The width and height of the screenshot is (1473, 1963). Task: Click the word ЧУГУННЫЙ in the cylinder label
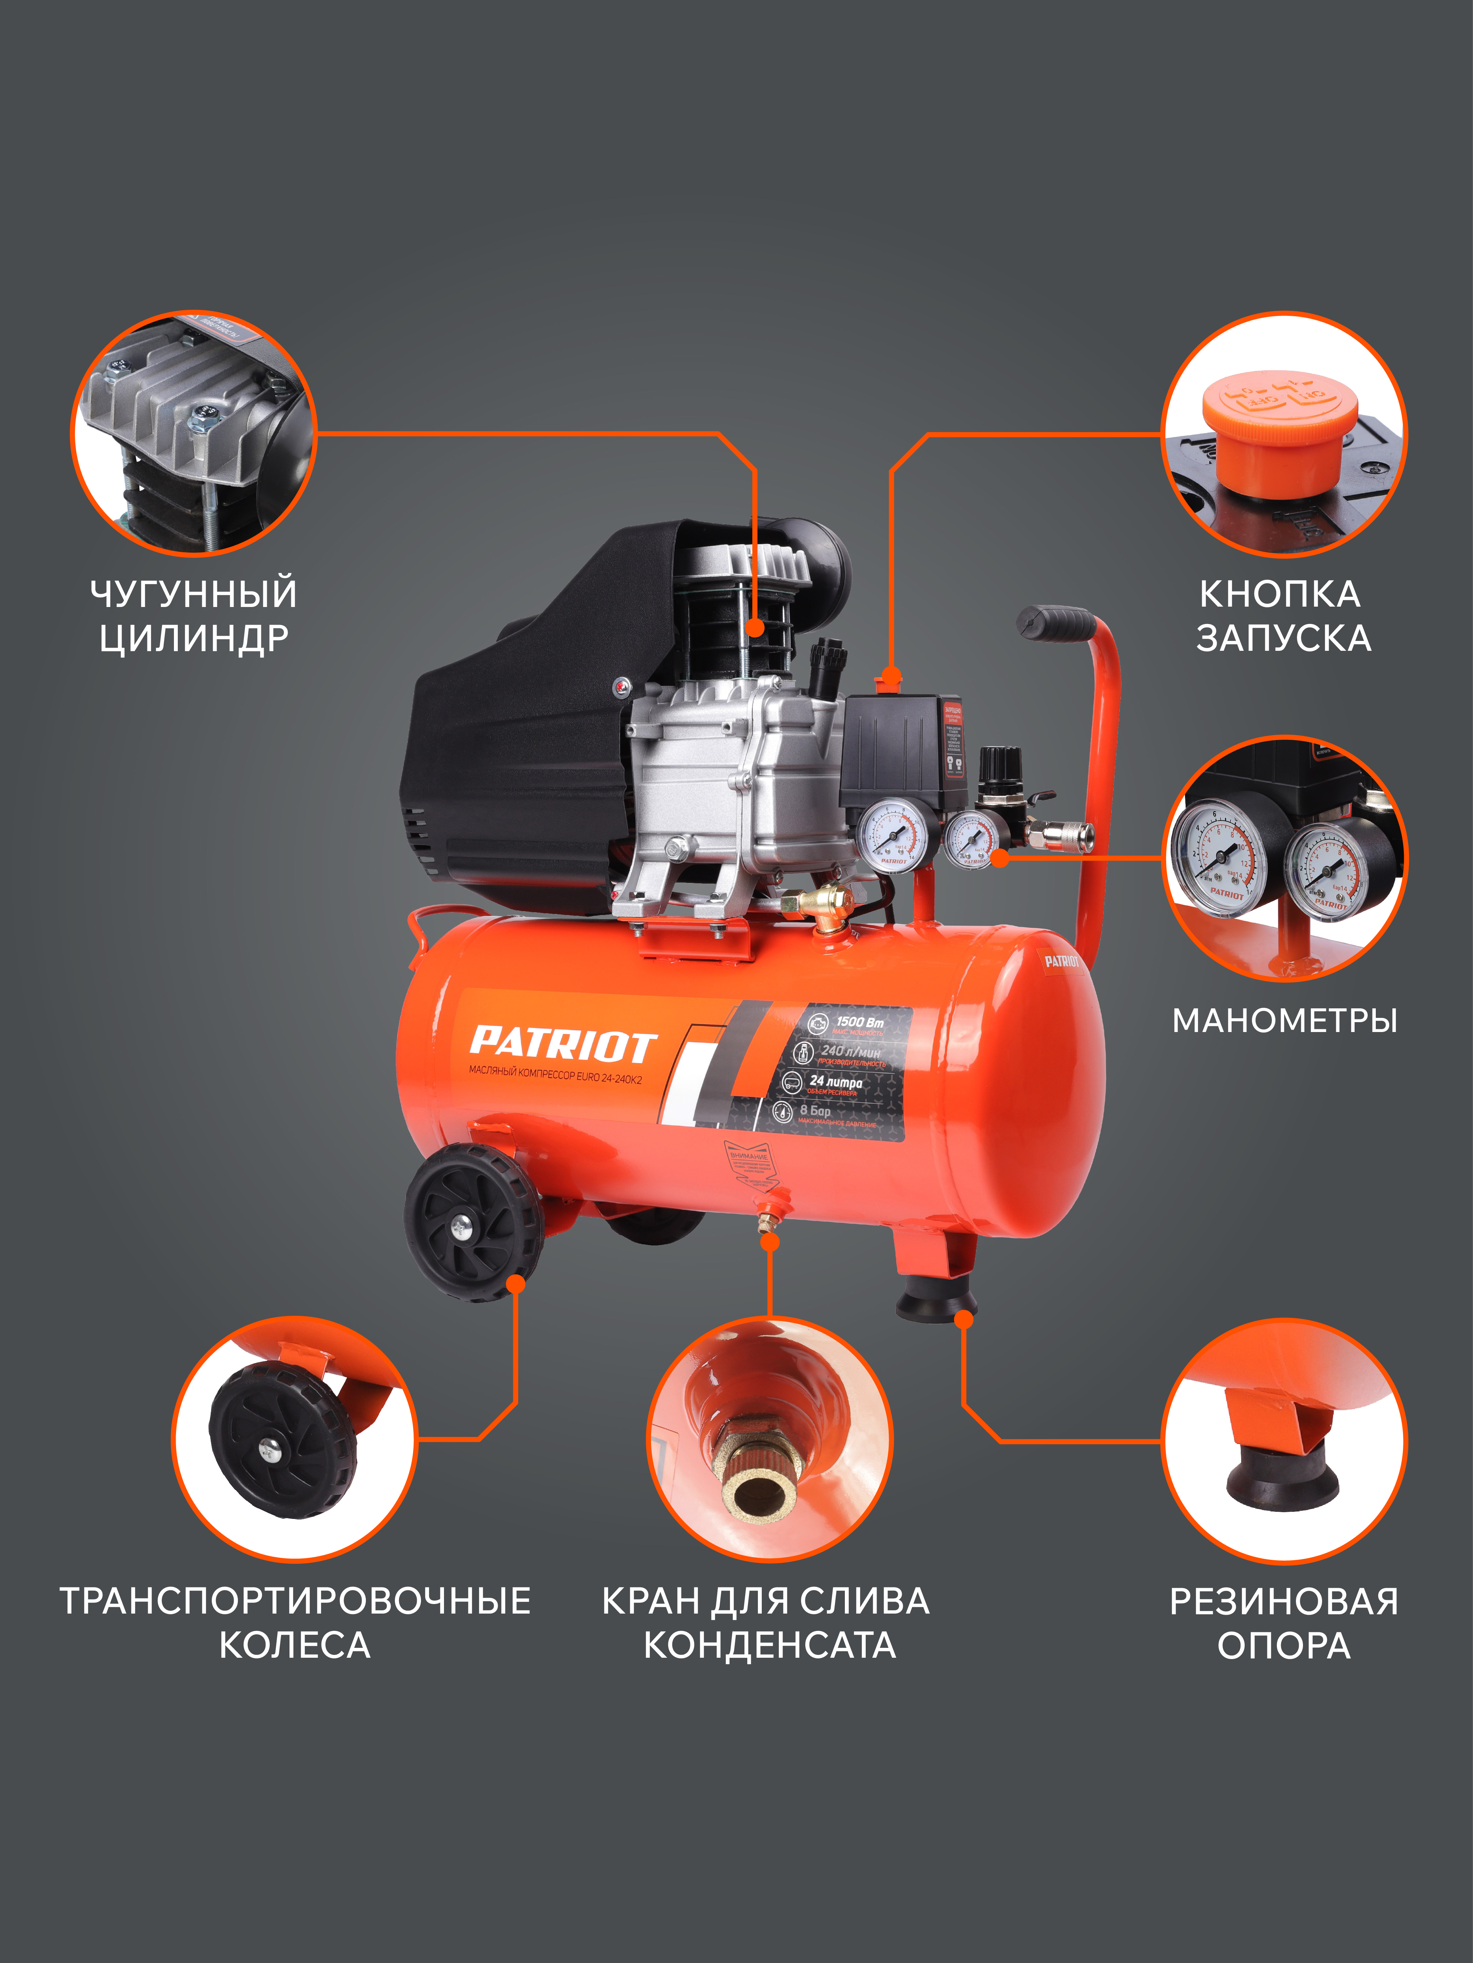coord(194,594)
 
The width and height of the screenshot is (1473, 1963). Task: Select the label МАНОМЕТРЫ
coord(1285,1021)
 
